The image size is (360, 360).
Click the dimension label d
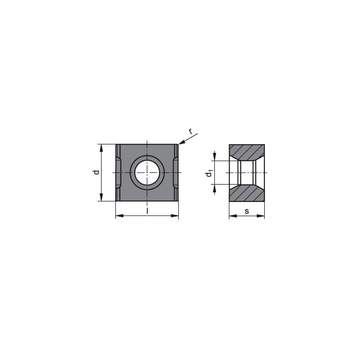tap(96, 172)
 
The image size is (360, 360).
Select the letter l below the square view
tap(147, 210)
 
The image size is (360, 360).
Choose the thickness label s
tap(247, 211)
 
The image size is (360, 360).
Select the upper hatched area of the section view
tap(247, 152)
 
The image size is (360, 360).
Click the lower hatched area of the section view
tap(247, 194)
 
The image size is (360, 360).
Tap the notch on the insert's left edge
tap(118, 172)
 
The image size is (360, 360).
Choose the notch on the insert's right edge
tap(175, 172)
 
